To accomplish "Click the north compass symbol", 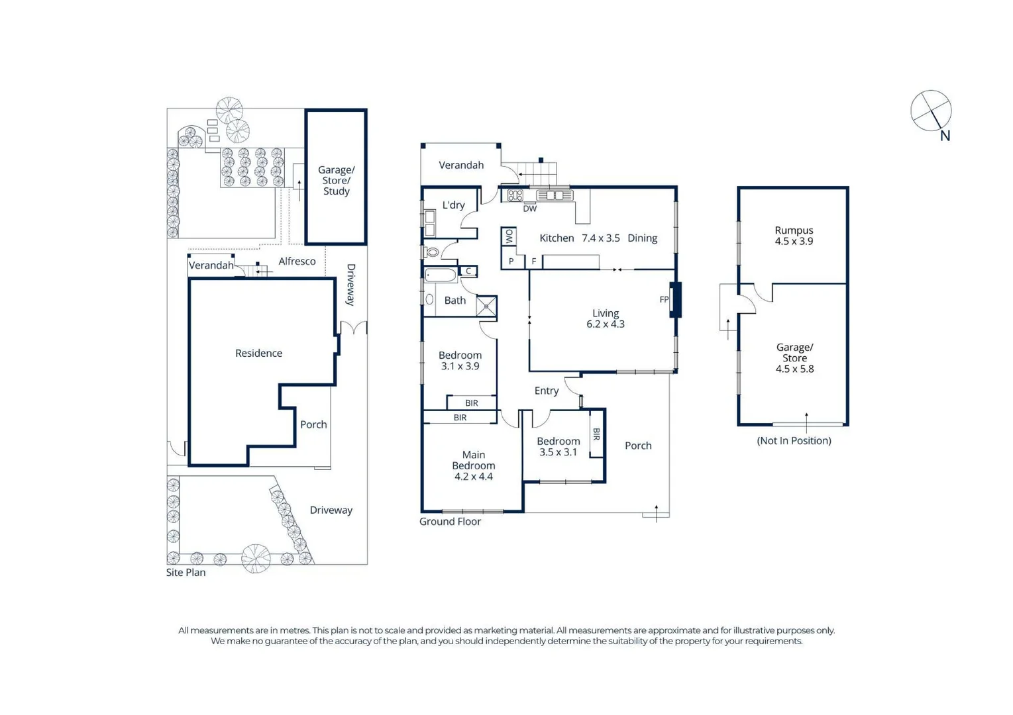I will tap(931, 111).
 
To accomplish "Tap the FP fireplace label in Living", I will tap(664, 300).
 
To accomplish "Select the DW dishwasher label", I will tap(529, 209).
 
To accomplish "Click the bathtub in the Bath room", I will tap(441, 275).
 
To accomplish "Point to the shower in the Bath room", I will tap(486, 306).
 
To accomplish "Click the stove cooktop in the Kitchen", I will tap(515, 195).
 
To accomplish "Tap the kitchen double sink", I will tap(555, 195).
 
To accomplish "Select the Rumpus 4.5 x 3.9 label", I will tap(794, 236).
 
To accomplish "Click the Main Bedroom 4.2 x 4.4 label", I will tap(473, 465).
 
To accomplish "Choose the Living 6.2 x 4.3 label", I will tap(605, 318).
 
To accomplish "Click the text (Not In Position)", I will tap(794, 441).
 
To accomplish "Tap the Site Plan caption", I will tap(186, 573).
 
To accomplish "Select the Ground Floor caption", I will tap(450, 522).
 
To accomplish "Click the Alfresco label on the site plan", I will tap(297, 262).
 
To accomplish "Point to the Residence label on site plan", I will tap(258, 354).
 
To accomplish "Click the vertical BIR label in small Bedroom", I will tap(596, 434).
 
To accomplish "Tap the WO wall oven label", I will tap(509, 236).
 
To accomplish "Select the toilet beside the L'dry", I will tap(432, 252).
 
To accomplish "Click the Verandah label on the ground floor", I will tap(461, 166).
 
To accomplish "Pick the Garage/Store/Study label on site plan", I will tap(336, 181).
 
